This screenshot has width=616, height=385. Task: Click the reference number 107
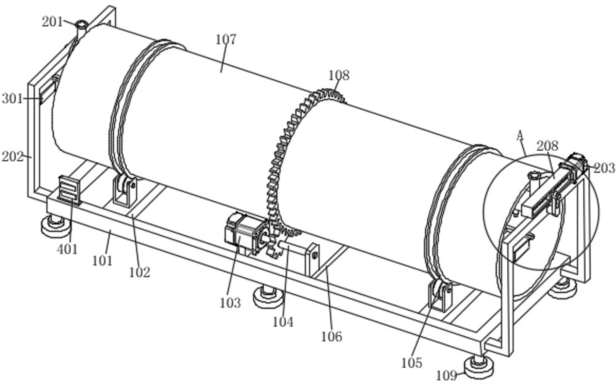pyautogui.click(x=226, y=39)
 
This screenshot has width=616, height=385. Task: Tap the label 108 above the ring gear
pyautogui.click(x=338, y=75)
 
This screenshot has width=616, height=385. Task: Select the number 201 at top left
pyautogui.click(x=52, y=22)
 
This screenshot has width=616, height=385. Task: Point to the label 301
pyautogui.click(x=12, y=98)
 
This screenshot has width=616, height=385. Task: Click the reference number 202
pyautogui.click(x=12, y=156)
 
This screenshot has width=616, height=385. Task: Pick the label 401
pyautogui.click(x=67, y=249)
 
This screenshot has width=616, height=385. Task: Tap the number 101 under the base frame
pyautogui.click(x=102, y=261)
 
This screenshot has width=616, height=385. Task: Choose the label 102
pyautogui.click(x=140, y=272)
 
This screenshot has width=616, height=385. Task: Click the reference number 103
pyautogui.click(x=229, y=303)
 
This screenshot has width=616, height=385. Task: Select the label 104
pyautogui.click(x=283, y=322)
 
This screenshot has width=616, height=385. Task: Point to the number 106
pyautogui.click(x=331, y=336)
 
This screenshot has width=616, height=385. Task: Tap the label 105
pyautogui.click(x=411, y=363)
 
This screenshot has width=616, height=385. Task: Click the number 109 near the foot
pyautogui.click(x=447, y=375)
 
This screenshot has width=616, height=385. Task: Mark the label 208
pyautogui.click(x=547, y=146)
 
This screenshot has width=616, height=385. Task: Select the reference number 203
pyautogui.click(x=604, y=168)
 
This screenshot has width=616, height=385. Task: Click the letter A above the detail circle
pyautogui.click(x=520, y=134)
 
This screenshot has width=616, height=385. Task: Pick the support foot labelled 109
pyautogui.click(x=479, y=367)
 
